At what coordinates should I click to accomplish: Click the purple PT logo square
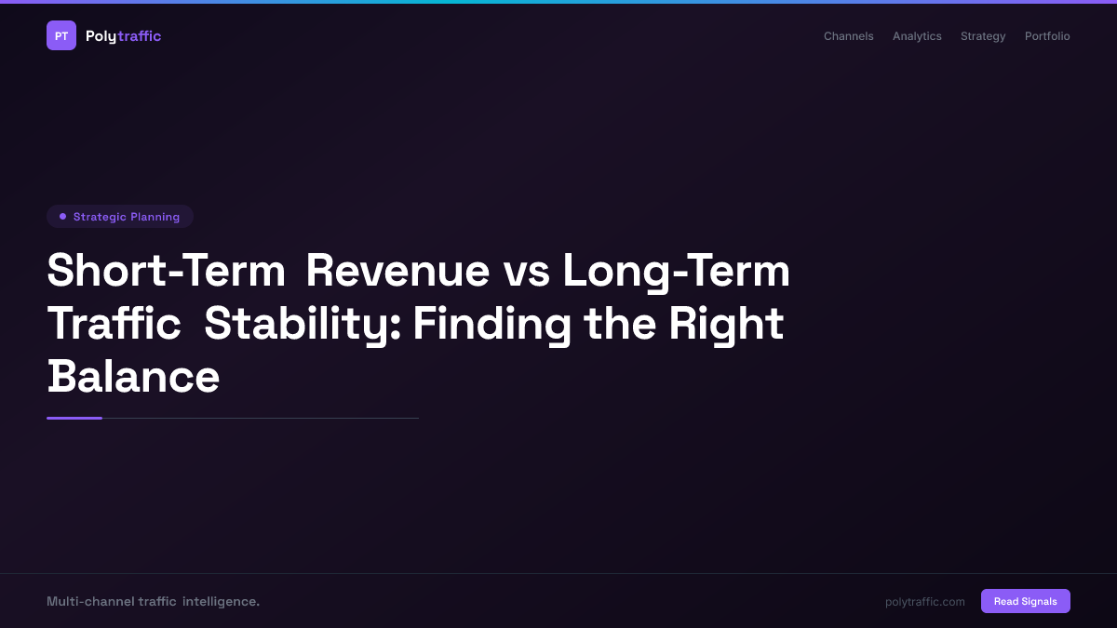pos(61,35)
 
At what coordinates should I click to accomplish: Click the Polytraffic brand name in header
pos(123,36)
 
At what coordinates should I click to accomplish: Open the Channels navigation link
pos(848,36)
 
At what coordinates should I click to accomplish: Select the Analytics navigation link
pos(917,36)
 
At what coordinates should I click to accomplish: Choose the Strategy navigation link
pos(983,36)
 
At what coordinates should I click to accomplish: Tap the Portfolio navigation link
pos(1047,36)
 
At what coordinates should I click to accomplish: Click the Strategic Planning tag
pos(120,217)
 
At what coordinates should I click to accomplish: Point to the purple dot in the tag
pos(62,217)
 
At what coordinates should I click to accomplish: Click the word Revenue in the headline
pos(397,271)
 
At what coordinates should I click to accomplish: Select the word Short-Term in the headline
pos(166,271)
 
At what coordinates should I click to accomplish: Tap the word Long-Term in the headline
pos(676,271)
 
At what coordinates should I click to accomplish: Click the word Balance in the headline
pos(133,377)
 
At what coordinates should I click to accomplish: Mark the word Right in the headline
pos(726,324)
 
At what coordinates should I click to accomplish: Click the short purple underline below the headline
pos(74,418)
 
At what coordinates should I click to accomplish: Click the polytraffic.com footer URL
pos(925,602)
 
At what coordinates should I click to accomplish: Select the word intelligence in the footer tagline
pos(221,602)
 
